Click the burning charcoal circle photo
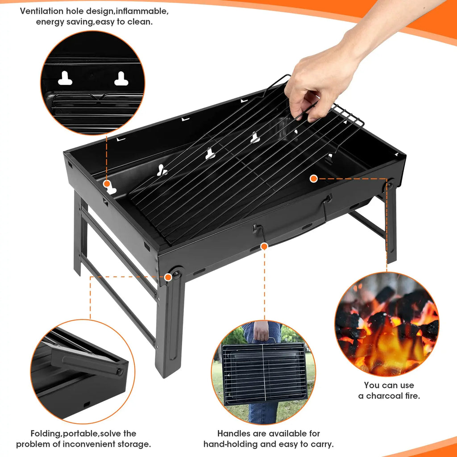[x=386, y=324]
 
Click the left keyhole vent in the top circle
[x=65, y=79]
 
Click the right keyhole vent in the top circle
[x=121, y=79]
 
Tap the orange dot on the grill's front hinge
[x=168, y=277]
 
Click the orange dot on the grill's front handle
[x=264, y=246]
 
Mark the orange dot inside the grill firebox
[x=314, y=179]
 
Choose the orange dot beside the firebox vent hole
[x=107, y=183]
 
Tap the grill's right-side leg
[x=391, y=223]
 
